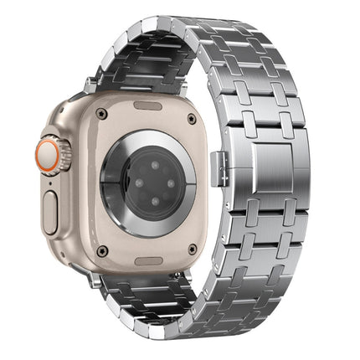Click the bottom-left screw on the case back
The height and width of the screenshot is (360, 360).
(102, 250)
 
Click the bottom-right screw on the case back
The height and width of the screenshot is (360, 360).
(193, 249)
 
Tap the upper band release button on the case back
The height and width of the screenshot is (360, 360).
(148, 106)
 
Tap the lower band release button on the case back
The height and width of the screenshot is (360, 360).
(148, 259)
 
